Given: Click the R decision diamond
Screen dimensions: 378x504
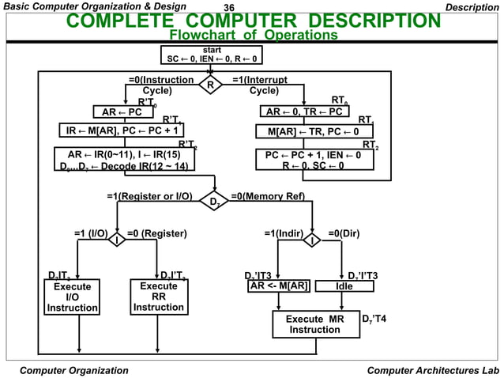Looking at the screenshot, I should point(210,84).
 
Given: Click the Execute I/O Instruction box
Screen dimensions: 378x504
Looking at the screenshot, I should point(70,297).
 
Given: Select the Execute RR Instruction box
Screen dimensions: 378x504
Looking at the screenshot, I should point(158,297).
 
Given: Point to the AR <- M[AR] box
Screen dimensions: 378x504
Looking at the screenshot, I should point(278,285).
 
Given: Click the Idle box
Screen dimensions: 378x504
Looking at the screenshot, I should point(344,285).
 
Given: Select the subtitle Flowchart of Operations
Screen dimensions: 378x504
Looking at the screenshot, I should point(254,36).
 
